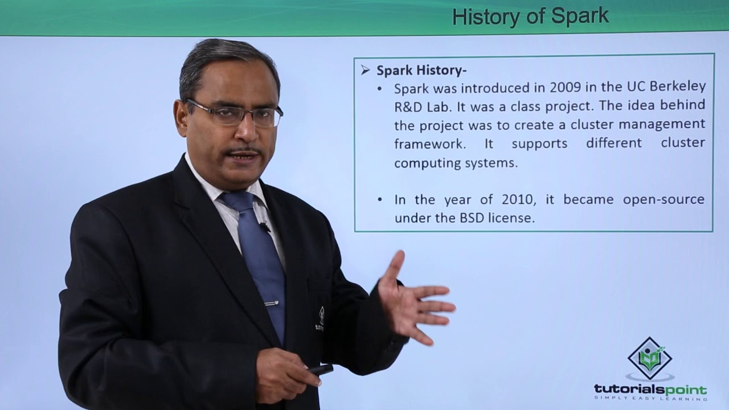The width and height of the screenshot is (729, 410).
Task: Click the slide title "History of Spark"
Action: [530, 17]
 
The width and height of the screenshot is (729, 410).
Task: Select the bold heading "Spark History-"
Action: [421, 70]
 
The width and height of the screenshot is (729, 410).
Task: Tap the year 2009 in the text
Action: [565, 88]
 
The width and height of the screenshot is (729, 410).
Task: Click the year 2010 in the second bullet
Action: [517, 200]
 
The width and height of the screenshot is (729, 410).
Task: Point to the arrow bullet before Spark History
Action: [365, 70]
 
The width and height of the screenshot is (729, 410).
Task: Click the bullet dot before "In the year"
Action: [380, 200]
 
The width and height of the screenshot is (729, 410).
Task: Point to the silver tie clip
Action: [272, 303]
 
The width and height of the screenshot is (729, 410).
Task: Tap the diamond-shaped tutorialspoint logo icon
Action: [650, 358]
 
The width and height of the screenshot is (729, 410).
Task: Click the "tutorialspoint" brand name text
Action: [650, 389]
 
